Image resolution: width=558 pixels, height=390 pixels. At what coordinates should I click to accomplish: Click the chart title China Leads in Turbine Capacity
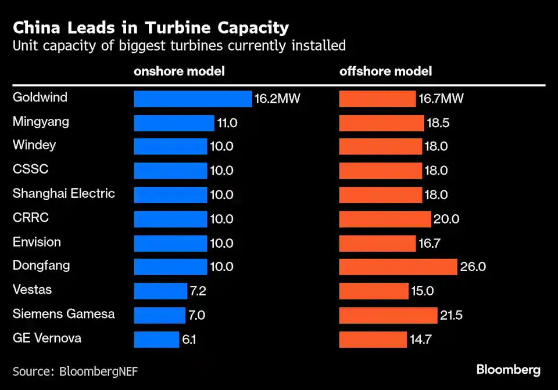click(151, 27)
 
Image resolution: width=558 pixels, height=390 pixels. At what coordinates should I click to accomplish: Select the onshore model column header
click(179, 71)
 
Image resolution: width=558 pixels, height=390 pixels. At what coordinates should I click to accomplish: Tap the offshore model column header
click(385, 71)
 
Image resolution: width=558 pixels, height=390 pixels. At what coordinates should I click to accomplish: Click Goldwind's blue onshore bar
click(192, 99)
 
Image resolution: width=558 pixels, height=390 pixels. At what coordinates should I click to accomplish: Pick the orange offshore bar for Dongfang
click(398, 267)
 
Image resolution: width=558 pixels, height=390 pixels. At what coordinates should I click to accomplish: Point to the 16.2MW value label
click(277, 99)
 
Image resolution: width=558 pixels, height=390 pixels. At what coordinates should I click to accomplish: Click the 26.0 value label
click(473, 267)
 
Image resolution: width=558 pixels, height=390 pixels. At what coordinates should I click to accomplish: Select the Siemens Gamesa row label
click(64, 314)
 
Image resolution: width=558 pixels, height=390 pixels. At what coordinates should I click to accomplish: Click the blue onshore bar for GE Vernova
click(156, 340)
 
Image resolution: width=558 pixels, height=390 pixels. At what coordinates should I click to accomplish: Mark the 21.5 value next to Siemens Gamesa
click(452, 315)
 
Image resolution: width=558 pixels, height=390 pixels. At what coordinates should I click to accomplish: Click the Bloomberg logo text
click(509, 370)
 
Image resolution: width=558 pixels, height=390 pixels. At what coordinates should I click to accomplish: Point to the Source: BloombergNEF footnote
click(76, 370)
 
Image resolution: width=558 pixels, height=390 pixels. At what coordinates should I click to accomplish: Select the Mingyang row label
click(41, 121)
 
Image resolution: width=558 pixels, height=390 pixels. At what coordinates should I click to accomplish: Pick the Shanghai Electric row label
click(64, 193)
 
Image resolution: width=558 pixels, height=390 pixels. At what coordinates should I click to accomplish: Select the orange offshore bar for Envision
click(377, 243)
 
